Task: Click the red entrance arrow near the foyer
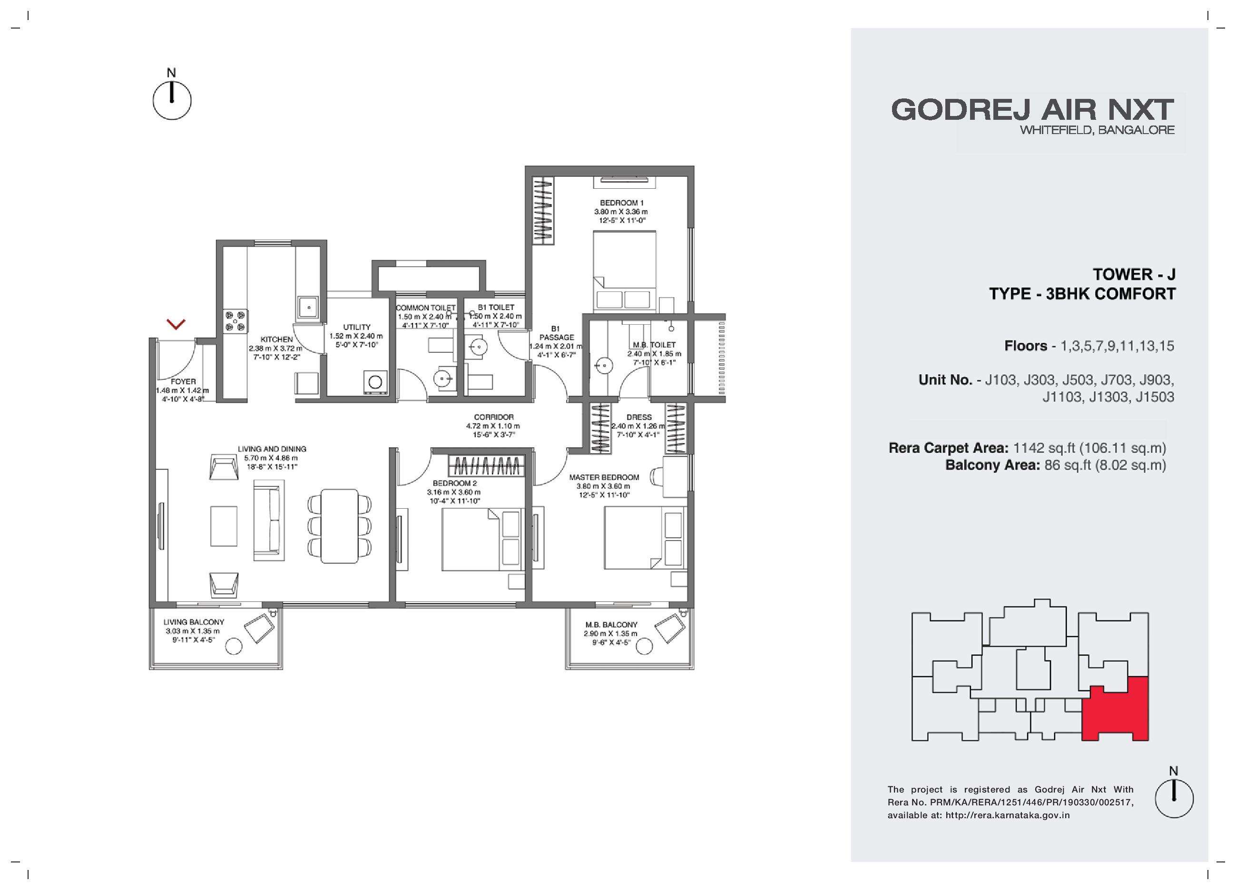pyautogui.click(x=176, y=324)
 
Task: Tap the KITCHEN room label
pyautogui.click(x=276, y=339)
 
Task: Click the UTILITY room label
pyautogui.click(x=357, y=328)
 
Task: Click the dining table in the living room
pyautogui.click(x=339, y=526)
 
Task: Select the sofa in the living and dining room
pyautogui.click(x=268, y=520)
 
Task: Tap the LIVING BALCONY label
pyautogui.click(x=194, y=622)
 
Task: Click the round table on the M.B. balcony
pyautogui.click(x=644, y=647)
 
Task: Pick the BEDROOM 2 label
pyautogui.click(x=455, y=483)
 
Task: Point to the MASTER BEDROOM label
pyautogui.click(x=604, y=477)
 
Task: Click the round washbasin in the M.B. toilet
pyautogui.click(x=604, y=366)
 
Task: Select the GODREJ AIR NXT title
pyautogui.click(x=1033, y=110)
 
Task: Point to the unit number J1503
pyautogui.click(x=1155, y=397)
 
